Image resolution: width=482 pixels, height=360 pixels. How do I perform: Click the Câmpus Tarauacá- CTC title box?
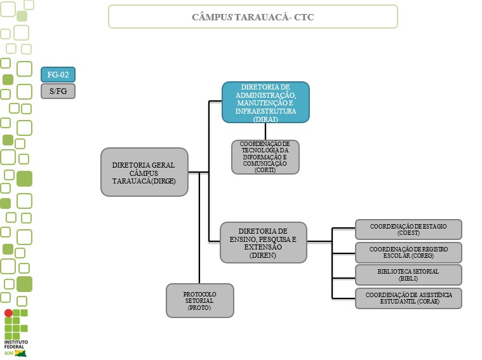coord(253,17)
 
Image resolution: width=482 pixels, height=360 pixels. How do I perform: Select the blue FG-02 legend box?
coord(58,74)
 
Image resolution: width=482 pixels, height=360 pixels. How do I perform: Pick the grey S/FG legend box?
coord(58,91)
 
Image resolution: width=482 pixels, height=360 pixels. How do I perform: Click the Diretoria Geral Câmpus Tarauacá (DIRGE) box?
coord(144,172)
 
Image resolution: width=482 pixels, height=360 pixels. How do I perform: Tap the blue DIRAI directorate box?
coord(265,102)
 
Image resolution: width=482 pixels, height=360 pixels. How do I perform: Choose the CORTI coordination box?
coord(265,157)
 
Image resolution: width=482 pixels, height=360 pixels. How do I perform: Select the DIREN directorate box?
coord(263,242)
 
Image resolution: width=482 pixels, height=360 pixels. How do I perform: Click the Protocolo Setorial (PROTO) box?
coord(199,300)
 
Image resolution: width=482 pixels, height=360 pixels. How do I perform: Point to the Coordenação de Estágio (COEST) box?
coord(408,229)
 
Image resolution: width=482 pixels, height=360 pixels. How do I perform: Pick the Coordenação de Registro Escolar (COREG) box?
coord(408,253)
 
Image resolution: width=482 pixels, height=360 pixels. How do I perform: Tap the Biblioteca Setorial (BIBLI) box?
coord(408,275)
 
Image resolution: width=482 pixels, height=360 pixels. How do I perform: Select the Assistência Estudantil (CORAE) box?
coord(408,298)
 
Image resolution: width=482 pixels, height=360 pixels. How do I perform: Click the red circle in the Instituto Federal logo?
coord(8,313)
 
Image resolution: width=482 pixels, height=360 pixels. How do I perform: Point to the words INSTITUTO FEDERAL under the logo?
coord(15,345)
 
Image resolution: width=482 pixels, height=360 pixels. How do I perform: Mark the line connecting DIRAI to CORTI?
coord(265,131)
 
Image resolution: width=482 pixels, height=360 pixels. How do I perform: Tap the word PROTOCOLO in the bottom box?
coord(199,295)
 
